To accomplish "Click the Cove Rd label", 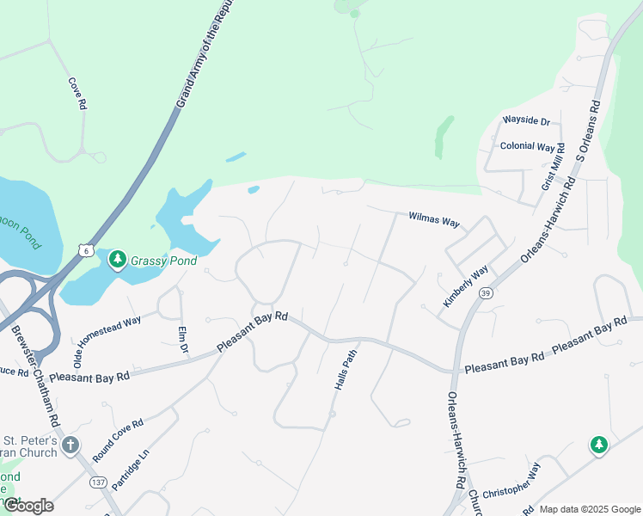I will (77, 94).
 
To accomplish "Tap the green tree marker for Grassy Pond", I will (117, 259).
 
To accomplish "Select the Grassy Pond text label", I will (164, 261).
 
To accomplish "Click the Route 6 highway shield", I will (84, 249).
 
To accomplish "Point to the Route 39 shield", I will (486, 294).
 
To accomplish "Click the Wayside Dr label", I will (525, 121).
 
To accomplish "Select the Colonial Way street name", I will (527, 146).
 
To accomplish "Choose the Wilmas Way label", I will (434, 220).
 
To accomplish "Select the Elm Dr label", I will (182, 341).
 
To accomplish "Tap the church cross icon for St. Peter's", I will (71, 445).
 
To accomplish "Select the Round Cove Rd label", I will (118, 441).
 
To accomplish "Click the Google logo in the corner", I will (28, 506).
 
